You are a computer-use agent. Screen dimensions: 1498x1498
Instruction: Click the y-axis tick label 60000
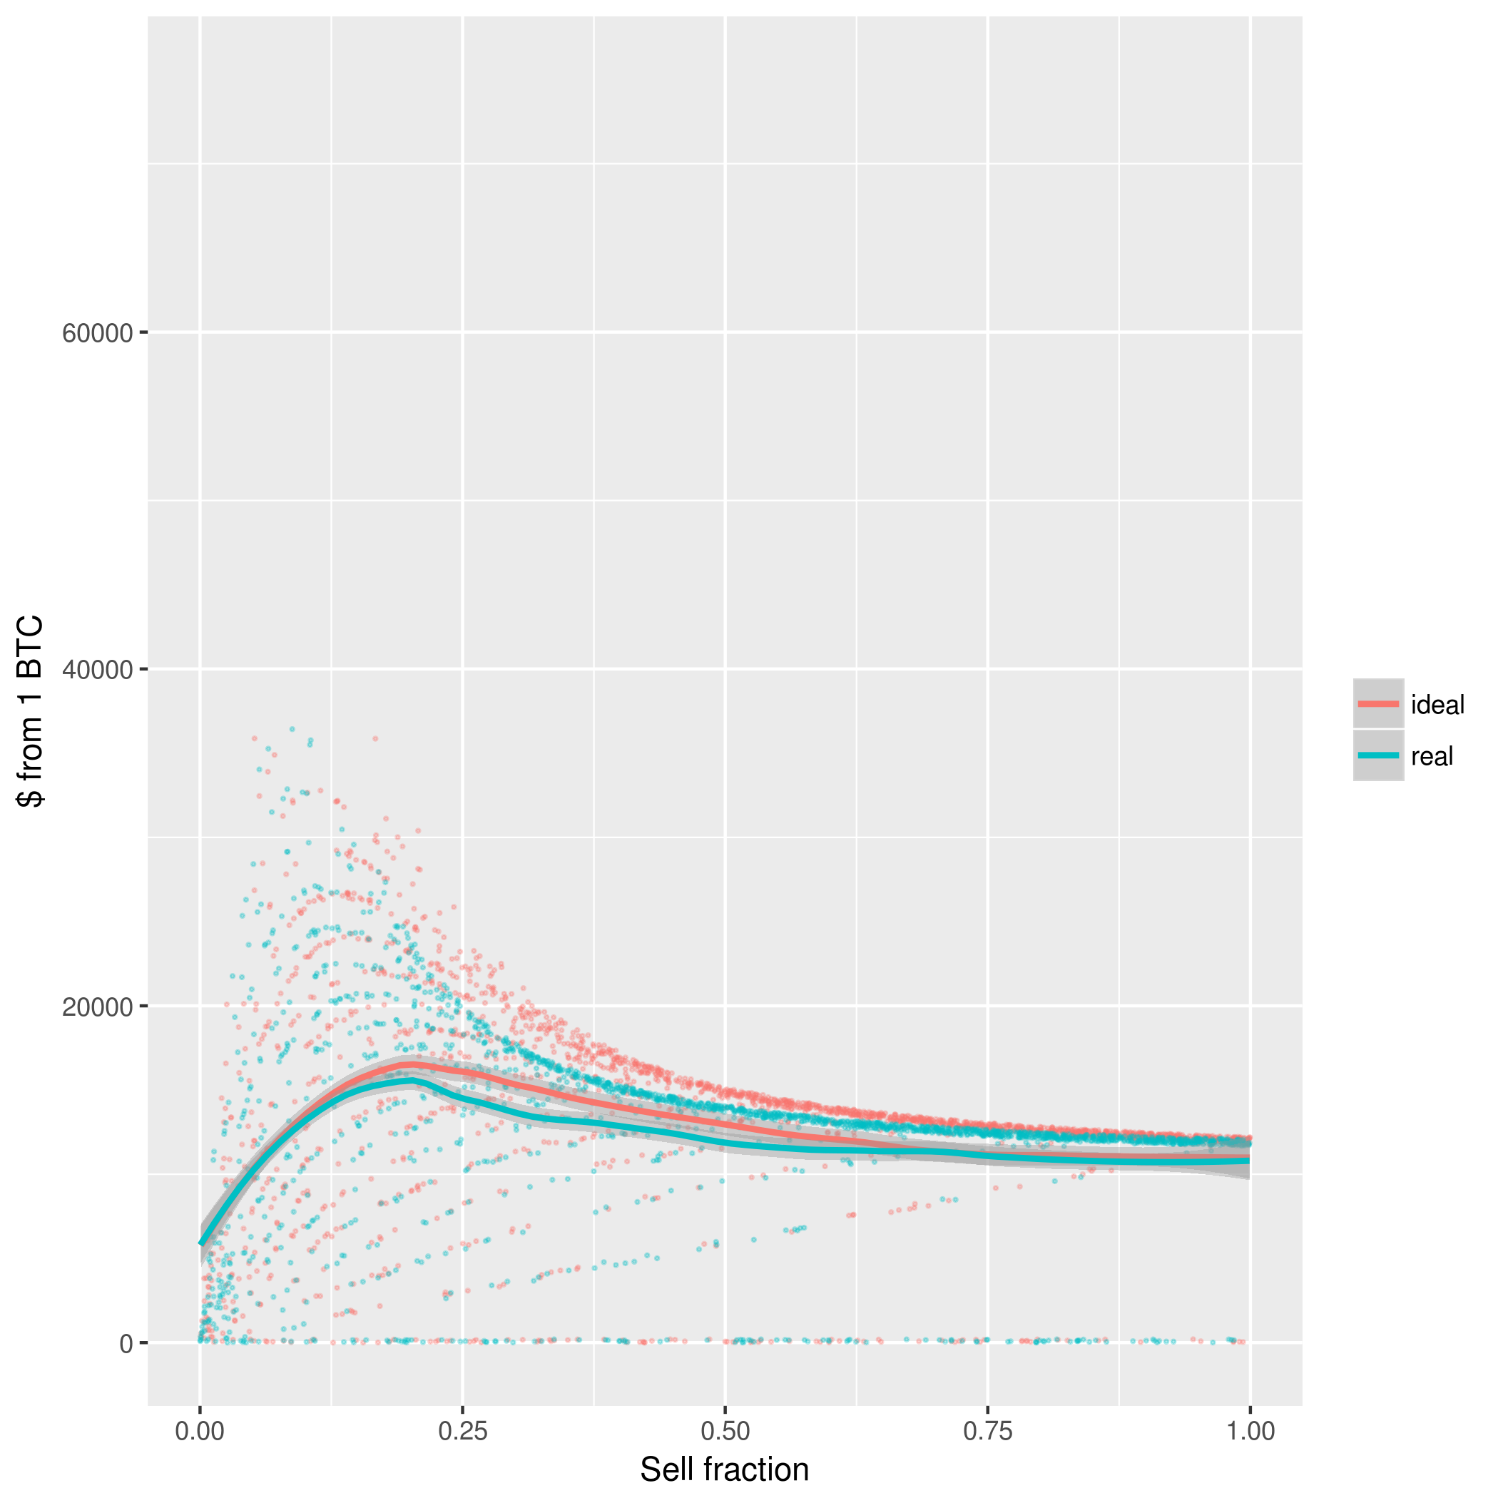point(98,334)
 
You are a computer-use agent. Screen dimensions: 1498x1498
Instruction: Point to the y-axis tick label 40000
point(98,671)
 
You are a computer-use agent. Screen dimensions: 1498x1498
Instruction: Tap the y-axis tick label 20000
point(98,1007)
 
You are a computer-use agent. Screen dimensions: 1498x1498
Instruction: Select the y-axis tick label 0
point(126,1344)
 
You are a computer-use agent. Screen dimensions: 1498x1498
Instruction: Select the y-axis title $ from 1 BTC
point(31,711)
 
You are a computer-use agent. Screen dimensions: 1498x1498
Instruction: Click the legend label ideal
point(1437,705)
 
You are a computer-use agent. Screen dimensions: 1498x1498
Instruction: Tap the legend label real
point(1432,756)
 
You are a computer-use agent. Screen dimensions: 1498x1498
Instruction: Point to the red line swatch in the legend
point(1379,704)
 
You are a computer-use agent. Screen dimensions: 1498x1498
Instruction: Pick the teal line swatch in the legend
point(1379,755)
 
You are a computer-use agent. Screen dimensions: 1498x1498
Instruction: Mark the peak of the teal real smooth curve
point(409,1080)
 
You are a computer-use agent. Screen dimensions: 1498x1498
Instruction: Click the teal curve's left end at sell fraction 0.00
point(201,1245)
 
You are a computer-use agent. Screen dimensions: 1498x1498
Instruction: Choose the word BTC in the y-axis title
point(31,648)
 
